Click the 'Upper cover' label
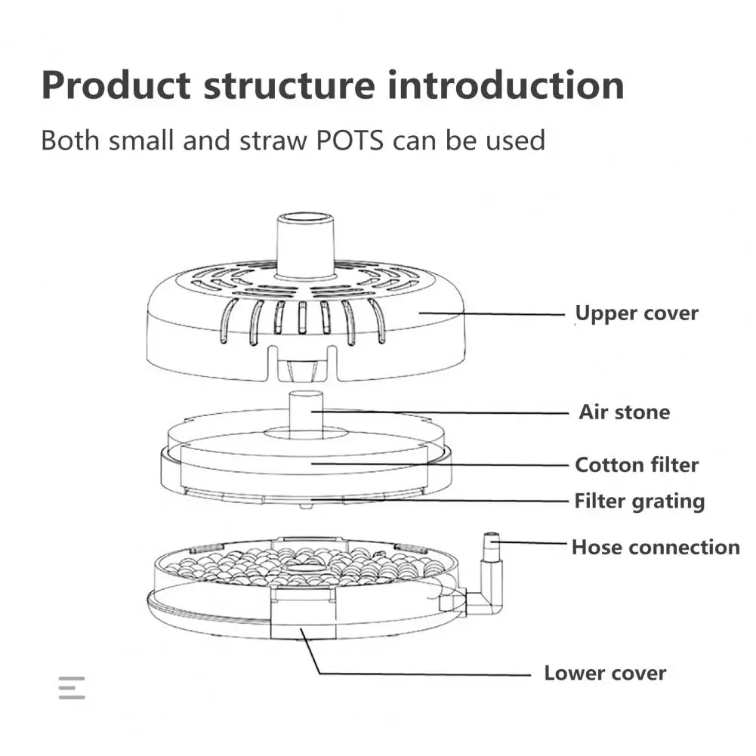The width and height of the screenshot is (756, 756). tap(637, 313)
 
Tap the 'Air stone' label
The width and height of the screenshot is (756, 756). tap(624, 412)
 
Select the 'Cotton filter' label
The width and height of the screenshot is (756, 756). tap(637, 465)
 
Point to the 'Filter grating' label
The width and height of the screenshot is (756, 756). tap(639, 501)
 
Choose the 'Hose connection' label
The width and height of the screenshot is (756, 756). tap(655, 547)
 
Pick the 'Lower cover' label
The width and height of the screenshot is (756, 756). tap(605, 673)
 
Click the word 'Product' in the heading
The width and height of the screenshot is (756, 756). tap(116, 85)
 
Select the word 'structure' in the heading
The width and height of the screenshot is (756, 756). tap(289, 85)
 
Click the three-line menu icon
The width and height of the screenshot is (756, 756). tap(72, 687)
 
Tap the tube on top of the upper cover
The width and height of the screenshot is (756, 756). tap(305, 242)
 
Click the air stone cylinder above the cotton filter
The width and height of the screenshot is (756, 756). tap(306, 412)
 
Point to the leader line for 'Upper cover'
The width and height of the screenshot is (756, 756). tap(491, 313)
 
